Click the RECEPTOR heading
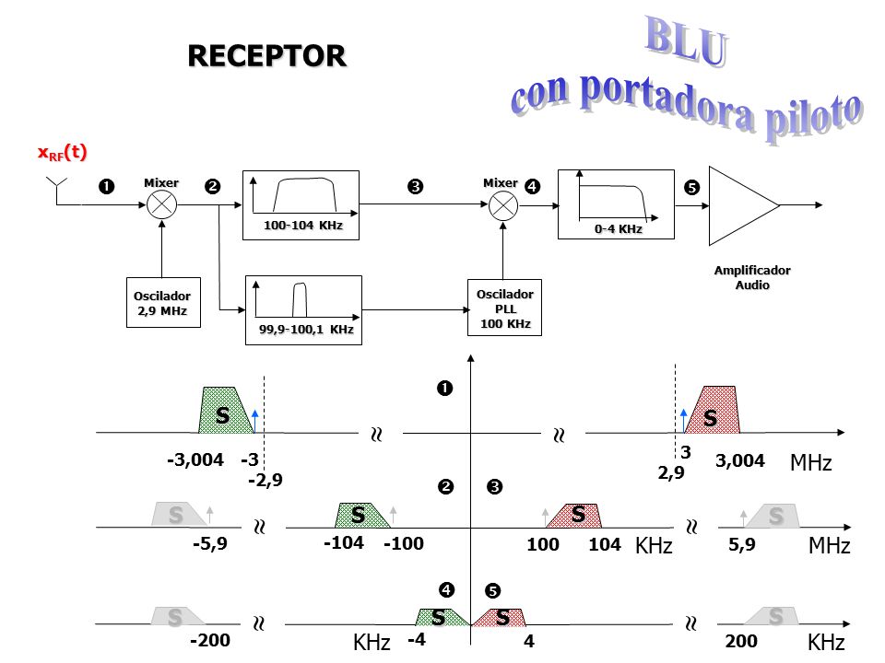pyautogui.click(x=266, y=56)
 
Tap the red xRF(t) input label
pyautogui.click(x=62, y=153)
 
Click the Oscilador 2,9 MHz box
pyautogui.click(x=163, y=302)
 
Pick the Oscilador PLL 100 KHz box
pyautogui.click(x=504, y=308)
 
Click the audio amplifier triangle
pyautogui.click(x=743, y=205)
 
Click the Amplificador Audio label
pyautogui.click(x=752, y=277)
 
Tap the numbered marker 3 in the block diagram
pyautogui.click(x=416, y=187)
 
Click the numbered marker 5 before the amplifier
pyautogui.click(x=691, y=187)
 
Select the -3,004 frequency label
pyautogui.click(x=195, y=460)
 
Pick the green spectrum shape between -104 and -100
pyautogui.click(x=361, y=516)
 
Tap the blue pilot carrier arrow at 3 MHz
pyautogui.click(x=684, y=421)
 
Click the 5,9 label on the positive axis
pyautogui.click(x=741, y=544)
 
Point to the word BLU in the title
pyautogui.click(x=686, y=41)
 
